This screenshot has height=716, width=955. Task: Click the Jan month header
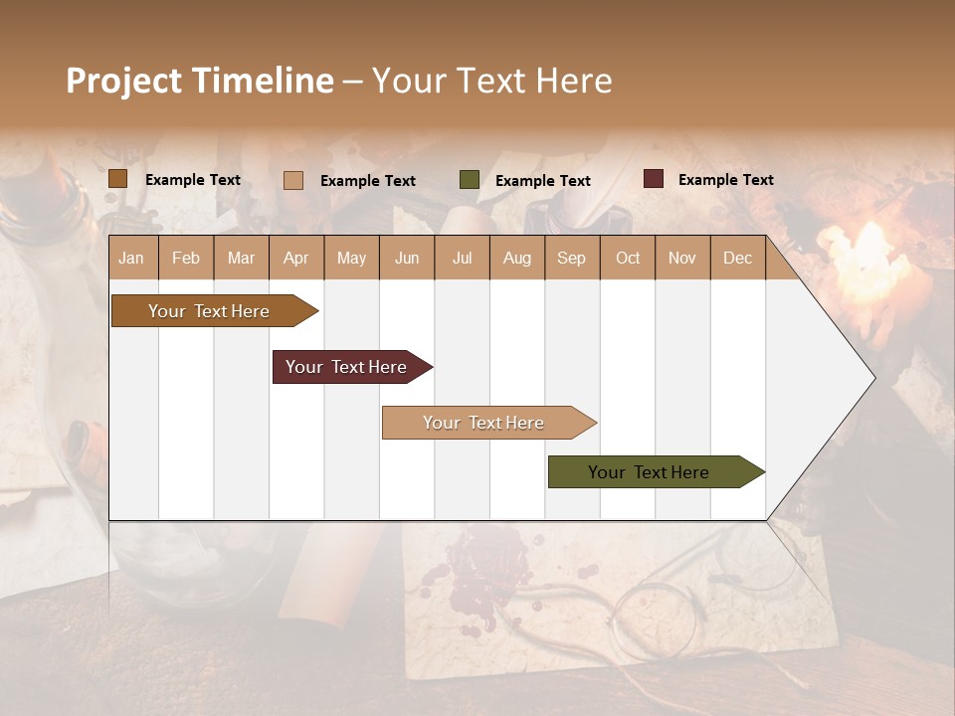tap(131, 258)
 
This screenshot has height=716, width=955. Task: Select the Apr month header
tap(295, 258)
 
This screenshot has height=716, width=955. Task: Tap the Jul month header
tap(462, 258)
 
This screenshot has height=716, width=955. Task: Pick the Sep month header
tap(571, 258)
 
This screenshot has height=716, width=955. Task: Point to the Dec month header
tap(737, 258)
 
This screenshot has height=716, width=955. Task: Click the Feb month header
tap(186, 258)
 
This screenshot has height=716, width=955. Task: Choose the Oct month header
tap(628, 258)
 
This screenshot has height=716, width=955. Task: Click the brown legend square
tap(118, 179)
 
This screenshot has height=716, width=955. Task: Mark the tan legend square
tap(293, 180)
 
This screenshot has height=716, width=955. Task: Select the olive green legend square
tap(470, 180)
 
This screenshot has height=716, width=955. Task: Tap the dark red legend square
tap(654, 179)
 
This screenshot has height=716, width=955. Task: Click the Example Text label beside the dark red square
tap(725, 180)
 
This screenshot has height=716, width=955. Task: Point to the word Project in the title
tap(124, 81)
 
